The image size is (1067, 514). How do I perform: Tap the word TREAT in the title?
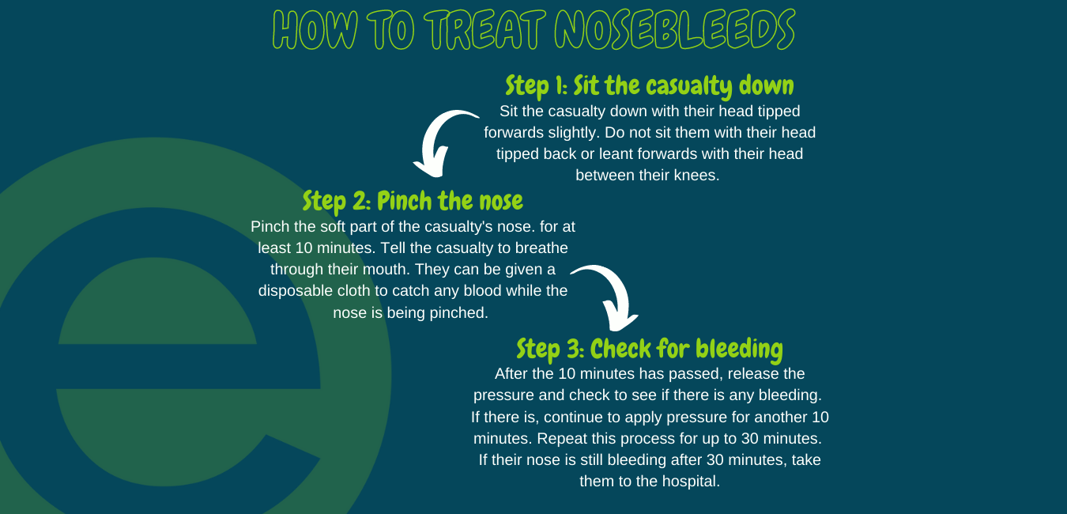[x=484, y=29]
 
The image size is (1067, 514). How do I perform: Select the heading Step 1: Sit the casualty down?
[x=649, y=86]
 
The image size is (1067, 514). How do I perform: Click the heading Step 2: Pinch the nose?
[x=413, y=202]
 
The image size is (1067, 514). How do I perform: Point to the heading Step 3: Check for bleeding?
[x=649, y=350]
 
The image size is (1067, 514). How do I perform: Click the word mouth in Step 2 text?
[x=387, y=270]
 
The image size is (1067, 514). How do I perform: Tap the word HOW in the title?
[x=315, y=29]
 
